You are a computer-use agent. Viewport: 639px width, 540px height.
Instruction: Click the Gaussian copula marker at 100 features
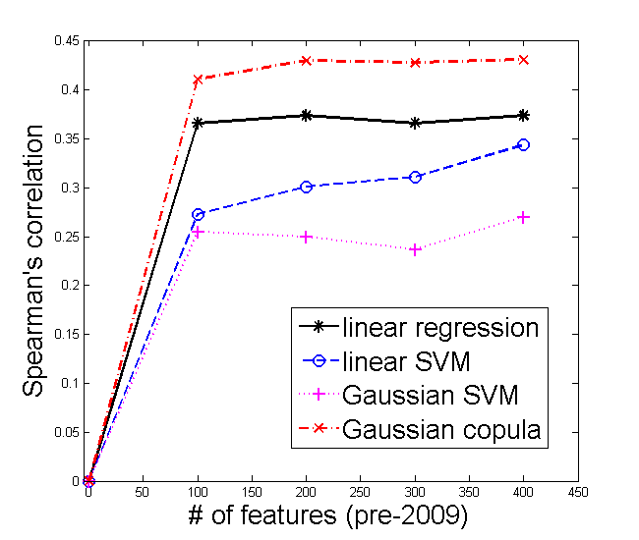(198, 79)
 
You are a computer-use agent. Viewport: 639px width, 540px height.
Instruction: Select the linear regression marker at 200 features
(306, 115)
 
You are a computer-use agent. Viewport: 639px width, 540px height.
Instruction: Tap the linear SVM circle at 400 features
(523, 144)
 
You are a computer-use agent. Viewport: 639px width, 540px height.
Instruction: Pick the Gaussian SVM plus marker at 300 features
(415, 249)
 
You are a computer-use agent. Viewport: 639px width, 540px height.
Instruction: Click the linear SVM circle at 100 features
(198, 214)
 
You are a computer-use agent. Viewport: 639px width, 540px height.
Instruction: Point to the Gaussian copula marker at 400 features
(523, 59)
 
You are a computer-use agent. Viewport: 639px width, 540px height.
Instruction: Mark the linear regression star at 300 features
(415, 123)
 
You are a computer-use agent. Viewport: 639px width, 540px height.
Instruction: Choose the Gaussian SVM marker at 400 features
(523, 217)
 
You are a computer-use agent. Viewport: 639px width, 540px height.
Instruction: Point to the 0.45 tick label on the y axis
(66, 41)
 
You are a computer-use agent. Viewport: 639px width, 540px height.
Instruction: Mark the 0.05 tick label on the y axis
(66, 432)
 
